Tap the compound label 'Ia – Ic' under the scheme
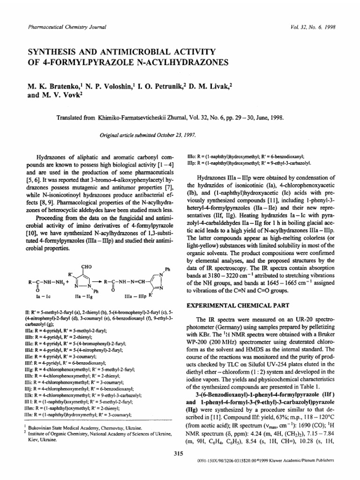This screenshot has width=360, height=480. point(37,297)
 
